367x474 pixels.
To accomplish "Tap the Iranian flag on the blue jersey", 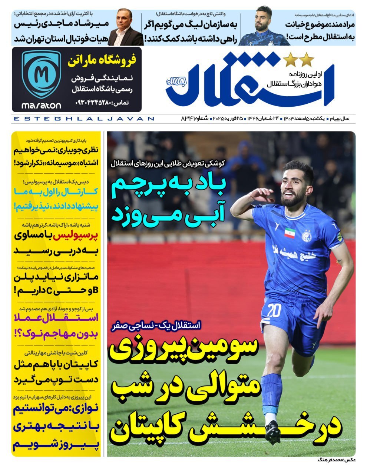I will click(290, 233).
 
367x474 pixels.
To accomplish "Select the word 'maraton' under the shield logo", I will click(41, 106).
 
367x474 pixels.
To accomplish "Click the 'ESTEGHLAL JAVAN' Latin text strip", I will click(83, 119).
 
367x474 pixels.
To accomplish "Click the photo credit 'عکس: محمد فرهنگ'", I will click(335, 460).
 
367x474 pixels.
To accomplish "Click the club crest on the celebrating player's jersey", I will click(306, 236).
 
